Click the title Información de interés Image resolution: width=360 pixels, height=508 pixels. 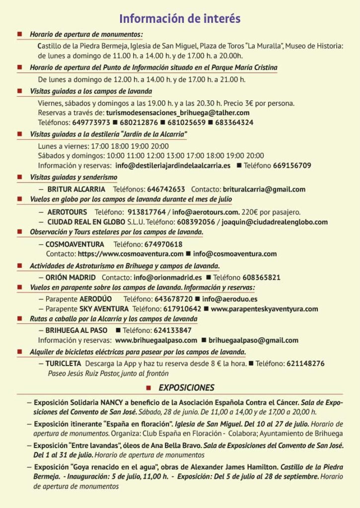coord(180,19)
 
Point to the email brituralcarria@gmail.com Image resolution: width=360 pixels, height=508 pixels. coord(264,189)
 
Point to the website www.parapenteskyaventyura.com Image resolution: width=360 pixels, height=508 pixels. coord(264,309)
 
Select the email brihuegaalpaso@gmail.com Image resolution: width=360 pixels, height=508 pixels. coord(253,340)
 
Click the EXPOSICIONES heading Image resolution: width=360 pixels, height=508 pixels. coord(186,387)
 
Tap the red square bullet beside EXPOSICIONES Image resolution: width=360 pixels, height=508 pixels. coord(148,387)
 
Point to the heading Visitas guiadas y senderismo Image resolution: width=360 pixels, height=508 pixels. coord(73,177)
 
